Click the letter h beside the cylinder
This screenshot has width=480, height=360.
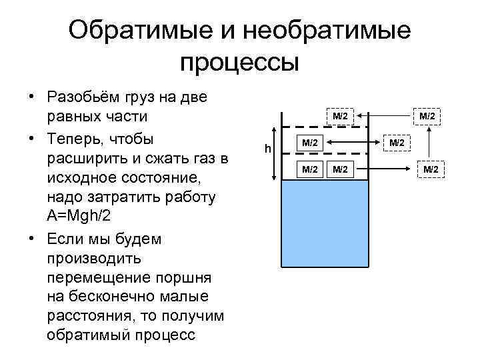267,148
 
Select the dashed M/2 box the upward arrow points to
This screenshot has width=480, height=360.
427,117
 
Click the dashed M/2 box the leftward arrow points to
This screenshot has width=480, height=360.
340,117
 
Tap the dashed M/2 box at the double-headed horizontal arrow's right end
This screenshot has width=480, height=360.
397,142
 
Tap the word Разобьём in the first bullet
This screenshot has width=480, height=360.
83,97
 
